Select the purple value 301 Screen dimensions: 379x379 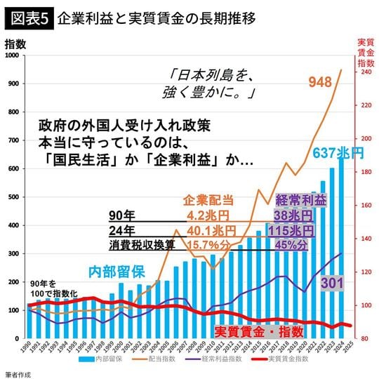(333, 284)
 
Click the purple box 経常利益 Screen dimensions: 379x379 (301, 200)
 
